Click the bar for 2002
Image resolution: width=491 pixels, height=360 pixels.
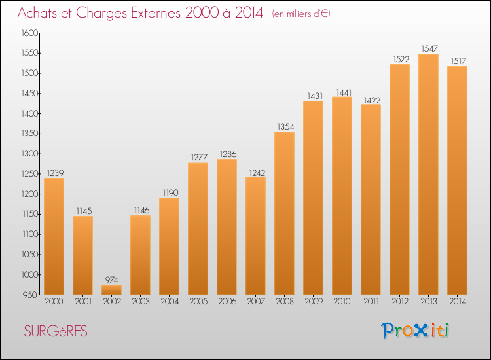click(x=111, y=289)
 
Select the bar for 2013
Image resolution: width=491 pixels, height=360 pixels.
click(x=428, y=174)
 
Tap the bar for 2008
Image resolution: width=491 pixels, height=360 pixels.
click(x=284, y=213)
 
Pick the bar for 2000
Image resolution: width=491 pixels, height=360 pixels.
click(x=54, y=236)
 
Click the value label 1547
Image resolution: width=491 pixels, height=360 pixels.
click(x=428, y=48)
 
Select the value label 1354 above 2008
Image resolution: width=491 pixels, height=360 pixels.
click(x=284, y=126)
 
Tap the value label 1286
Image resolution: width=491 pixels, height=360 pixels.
click(x=227, y=154)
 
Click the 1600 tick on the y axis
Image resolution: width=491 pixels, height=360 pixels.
click(x=30, y=33)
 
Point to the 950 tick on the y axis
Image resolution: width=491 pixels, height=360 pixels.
click(x=31, y=295)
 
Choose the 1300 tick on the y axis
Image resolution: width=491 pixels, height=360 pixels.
click(x=30, y=154)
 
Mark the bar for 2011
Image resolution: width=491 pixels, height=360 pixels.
click(x=371, y=199)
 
